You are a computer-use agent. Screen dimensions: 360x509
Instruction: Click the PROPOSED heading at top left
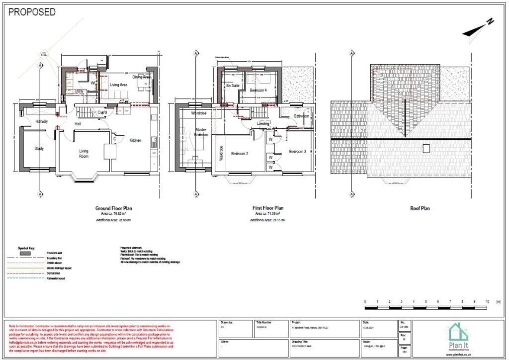32,12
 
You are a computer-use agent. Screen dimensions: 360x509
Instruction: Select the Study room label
39,148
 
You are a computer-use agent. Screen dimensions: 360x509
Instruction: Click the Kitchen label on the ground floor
135,140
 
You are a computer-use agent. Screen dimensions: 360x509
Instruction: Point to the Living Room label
84,153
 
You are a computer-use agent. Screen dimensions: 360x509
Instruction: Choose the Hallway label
42,121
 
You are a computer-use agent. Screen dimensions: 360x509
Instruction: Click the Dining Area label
142,77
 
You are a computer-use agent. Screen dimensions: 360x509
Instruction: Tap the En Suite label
232,86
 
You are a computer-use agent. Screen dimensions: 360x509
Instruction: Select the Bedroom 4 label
258,90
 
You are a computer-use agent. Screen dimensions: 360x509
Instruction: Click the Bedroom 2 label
240,154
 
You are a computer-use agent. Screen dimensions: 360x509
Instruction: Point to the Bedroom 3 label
298,151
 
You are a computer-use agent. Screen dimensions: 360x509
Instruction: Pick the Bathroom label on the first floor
301,116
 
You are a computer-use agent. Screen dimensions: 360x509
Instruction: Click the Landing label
263,123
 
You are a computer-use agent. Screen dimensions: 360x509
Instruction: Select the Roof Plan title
420,208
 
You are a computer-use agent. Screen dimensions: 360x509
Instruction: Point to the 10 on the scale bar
487,302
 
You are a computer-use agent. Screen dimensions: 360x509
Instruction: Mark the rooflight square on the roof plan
426,148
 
